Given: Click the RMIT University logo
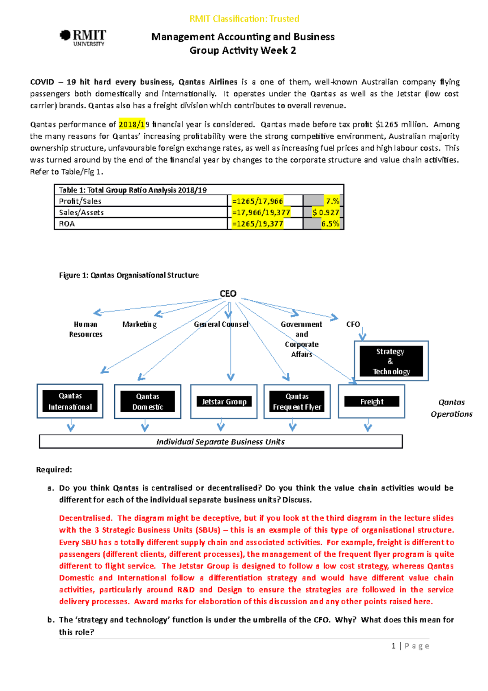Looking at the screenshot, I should click(83, 37).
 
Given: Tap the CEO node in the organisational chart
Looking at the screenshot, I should click(228, 294).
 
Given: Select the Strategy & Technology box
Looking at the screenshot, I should click(391, 361).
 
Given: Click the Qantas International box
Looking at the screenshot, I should click(70, 401).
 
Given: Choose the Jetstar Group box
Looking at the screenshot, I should click(224, 402).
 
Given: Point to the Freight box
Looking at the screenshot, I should click(372, 402).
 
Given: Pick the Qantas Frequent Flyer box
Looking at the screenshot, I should click(297, 402).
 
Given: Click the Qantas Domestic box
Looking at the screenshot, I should click(148, 402).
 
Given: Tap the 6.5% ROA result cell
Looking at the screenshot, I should click(330, 224).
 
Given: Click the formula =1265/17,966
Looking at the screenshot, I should click(257, 201).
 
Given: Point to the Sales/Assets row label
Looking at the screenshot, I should click(81, 212).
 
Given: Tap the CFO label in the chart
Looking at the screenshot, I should click(353, 324).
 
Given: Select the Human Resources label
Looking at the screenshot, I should click(85, 329).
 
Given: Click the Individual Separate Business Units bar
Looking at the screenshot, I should click(220, 442).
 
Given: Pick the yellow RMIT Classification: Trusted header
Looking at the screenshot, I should click(244, 19).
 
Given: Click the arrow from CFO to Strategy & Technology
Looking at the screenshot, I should click(362, 335).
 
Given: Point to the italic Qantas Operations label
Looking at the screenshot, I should click(451, 408).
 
